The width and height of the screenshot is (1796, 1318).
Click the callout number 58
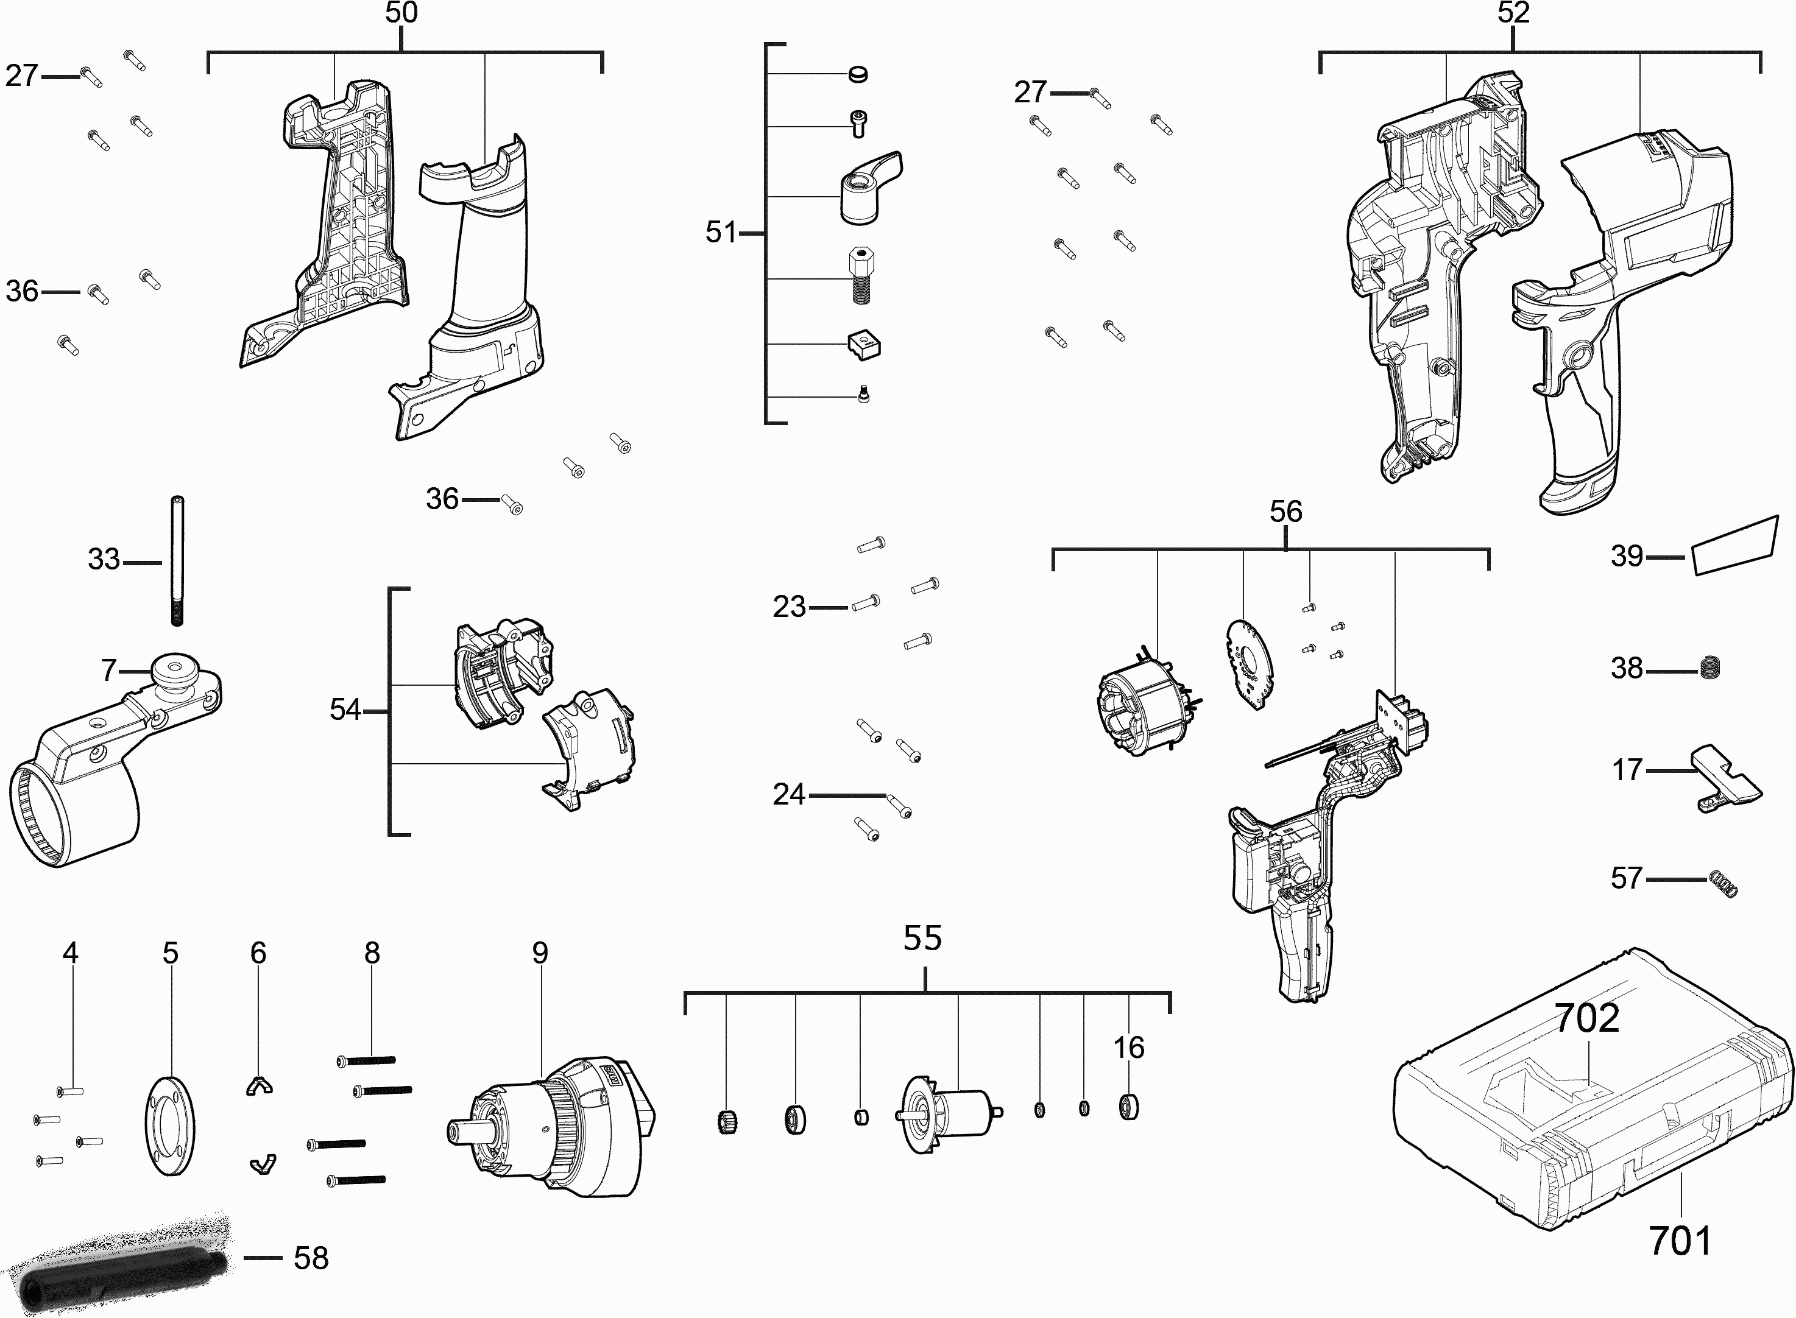(311, 1258)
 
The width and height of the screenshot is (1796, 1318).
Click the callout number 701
(1680, 1241)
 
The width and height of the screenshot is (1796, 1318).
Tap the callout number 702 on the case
(1587, 1019)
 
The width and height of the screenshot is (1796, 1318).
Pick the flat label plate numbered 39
(1735, 546)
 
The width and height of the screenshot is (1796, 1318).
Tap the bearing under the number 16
(1128, 1107)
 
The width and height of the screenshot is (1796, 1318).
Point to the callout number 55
(922, 938)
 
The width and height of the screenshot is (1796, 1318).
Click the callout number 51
(721, 232)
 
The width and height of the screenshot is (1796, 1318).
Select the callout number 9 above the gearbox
(540, 953)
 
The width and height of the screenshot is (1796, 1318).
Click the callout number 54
(345, 710)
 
